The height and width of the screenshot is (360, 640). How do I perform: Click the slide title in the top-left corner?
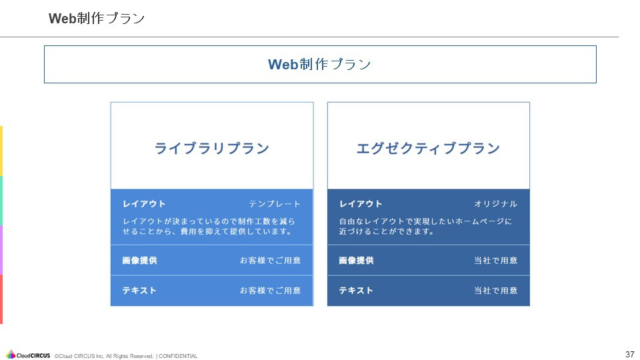[x=97, y=19]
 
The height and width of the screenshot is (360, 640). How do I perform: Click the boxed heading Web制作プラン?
[x=319, y=64]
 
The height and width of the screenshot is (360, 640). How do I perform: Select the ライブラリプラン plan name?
[x=212, y=148]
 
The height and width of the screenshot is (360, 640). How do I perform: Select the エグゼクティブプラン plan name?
[x=428, y=148]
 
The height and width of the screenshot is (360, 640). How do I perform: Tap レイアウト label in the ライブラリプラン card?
[x=144, y=204]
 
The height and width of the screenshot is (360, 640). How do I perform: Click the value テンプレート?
[x=275, y=204]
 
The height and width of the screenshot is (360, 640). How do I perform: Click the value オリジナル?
[x=495, y=204]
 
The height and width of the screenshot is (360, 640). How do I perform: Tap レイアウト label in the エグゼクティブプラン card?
[x=361, y=204]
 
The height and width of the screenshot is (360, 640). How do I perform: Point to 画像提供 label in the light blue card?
[x=140, y=261]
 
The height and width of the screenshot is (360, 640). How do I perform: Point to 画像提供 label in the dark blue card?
[x=356, y=261]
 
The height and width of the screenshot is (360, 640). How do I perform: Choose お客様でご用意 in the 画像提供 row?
[x=270, y=261]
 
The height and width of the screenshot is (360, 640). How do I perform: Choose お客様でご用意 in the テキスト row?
[x=270, y=291]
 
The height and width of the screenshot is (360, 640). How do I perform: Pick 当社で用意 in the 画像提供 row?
[x=495, y=261]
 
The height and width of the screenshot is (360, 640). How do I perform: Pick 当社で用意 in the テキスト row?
[x=495, y=291]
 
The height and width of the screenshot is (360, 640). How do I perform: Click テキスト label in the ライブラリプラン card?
[x=139, y=291]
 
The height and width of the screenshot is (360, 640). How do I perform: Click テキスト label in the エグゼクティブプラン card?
[x=356, y=291]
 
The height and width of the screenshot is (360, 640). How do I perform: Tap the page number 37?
[x=629, y=354]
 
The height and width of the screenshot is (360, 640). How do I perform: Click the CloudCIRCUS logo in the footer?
[x=28, y=355]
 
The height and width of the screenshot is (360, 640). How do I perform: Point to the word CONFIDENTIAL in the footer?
[x=178, y=356]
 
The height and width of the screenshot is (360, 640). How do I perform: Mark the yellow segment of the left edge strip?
[x=1, y=151]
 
